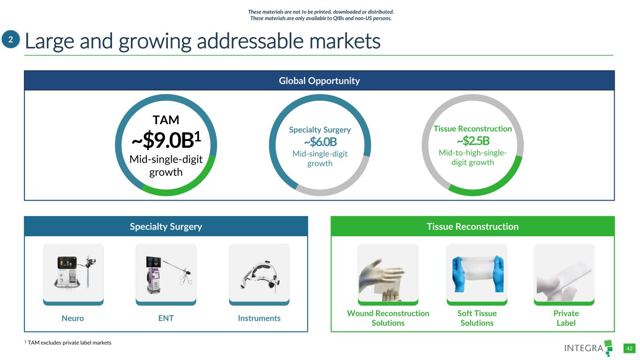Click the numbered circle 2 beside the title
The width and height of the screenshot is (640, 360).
[x=11, y=39]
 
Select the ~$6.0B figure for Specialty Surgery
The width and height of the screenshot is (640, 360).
[x=320, y=142]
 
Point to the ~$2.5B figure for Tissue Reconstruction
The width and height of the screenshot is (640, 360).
[x=473, y=141]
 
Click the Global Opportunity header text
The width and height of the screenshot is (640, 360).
[x=319, y=81]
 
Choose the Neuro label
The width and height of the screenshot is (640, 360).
[x=73, y=318]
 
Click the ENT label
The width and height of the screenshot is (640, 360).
[x=166, y=318]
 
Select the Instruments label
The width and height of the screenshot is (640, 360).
[x=259, y=318]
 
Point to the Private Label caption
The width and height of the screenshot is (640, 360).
[x=566, y=318]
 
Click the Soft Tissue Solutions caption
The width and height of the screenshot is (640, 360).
[x=477, y=318]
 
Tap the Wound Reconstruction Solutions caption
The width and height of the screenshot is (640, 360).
[x=388, y=318]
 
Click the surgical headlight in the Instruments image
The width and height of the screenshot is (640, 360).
[x=259, y=276]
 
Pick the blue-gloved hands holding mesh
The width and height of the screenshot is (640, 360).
[x=477, y=273]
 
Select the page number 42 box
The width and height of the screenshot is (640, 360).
[x=629, y=348]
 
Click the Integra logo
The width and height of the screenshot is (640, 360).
[x=588, y=348]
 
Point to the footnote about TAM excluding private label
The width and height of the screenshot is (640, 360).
[x=68, y=343]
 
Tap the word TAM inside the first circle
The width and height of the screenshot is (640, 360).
[x=166, y=120]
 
